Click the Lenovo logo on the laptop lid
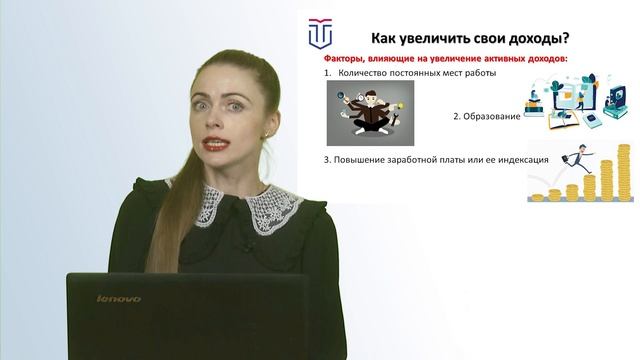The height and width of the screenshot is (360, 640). click(x=118, y=299)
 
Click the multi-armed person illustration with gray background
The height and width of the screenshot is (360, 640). click(x=371, y=113)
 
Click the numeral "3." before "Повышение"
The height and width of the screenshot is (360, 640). click(x=327, y=160)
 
